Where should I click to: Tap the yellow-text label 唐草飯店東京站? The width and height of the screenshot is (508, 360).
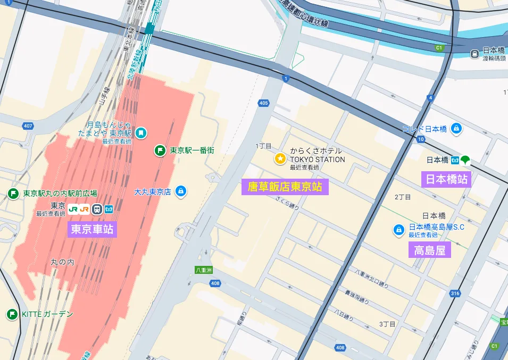[x=285, y=187]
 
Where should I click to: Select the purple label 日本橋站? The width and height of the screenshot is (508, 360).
[x=446, y=179]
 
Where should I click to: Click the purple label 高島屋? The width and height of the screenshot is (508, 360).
[x=429, y=249]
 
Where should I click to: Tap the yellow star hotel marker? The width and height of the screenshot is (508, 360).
[x=280, y=158]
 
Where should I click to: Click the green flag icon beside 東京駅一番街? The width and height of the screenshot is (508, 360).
[x=160, y=150]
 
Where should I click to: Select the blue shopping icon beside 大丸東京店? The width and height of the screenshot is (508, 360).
[x=181, y=191]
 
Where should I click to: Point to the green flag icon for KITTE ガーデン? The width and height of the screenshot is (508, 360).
[x=12, y=314]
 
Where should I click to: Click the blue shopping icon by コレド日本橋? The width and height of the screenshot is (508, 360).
[x=456, y=129]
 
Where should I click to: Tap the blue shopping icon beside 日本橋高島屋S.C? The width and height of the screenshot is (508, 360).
[x=398, y=230]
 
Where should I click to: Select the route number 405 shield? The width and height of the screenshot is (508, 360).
[x=264, y=103]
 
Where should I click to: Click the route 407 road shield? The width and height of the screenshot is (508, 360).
[x=28, y=126]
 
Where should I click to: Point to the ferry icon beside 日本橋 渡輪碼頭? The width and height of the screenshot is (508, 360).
[x=474, y=54]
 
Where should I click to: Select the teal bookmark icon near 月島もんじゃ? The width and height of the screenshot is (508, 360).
[x=141, y=132]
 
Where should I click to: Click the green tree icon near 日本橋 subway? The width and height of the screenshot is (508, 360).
[x=465, y=160]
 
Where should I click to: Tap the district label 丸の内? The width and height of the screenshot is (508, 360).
[x=62, y=262]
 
